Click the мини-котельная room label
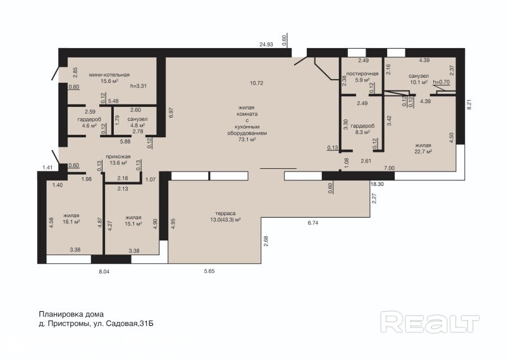109,75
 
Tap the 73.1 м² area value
247,139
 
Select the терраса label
225,213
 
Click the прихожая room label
118,157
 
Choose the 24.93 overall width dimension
266,44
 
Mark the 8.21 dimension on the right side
469,104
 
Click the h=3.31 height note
139,86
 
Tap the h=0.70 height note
441,82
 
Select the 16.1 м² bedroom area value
71,222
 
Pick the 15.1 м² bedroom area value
133,224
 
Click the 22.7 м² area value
423,151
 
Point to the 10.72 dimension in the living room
257,83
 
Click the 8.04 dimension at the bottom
104,272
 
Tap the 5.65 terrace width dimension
209,271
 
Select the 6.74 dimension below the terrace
313,223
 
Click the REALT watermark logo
430,322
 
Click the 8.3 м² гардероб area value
362,132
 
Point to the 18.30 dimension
377,184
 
